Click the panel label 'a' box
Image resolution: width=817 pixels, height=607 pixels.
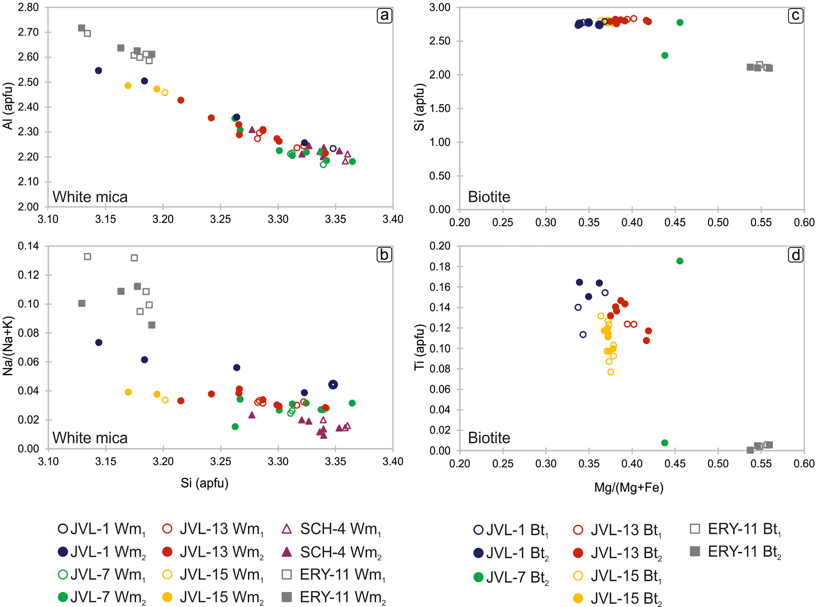pos(384,16)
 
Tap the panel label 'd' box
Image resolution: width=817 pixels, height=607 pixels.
pos(795,255)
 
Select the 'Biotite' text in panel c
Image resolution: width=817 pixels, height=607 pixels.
pos(489,197)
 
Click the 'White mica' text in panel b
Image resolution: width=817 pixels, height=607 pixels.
pos(90,438)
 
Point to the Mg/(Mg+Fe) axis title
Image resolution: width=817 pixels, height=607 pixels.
pos(628,488)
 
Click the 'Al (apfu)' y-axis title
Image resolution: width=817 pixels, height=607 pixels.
pos(8,106)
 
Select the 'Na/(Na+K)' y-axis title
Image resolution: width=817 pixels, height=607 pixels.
pos(8,346)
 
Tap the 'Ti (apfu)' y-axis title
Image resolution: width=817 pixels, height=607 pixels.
pos(419,347)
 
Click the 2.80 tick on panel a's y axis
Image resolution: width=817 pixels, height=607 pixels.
pos(28,8)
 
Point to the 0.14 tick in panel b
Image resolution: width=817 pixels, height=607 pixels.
pos(28,246)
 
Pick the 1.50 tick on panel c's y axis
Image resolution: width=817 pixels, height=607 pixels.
pos(440,109)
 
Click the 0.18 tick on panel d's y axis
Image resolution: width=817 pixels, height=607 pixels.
pos(440,267)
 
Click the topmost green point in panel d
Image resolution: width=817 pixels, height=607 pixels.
pos(680,261)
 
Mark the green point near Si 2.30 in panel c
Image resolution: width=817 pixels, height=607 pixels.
pos(665,55)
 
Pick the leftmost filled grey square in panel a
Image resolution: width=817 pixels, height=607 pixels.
pos(81,28)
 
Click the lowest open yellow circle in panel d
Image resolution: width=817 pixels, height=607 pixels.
pos(611,372)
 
